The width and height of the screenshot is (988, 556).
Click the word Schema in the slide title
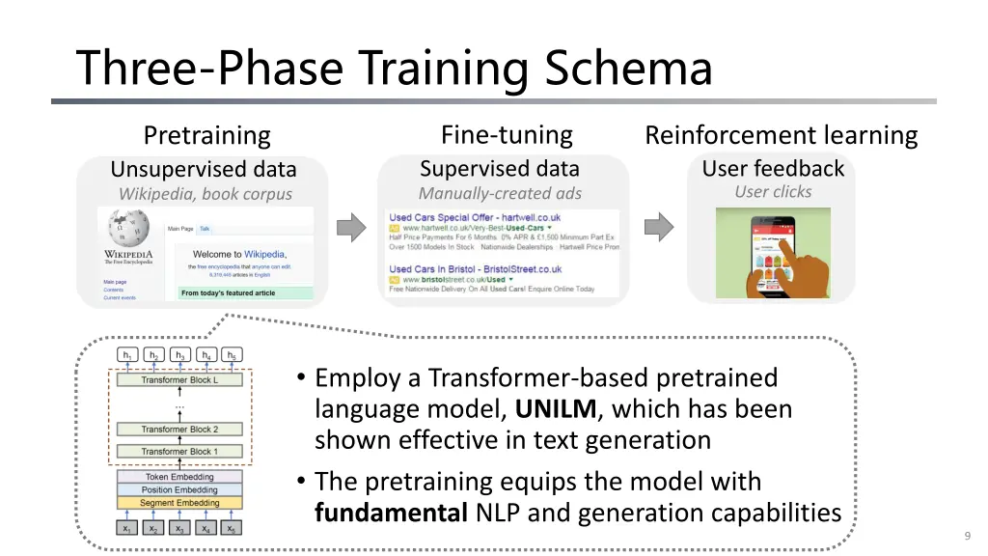(628, 69)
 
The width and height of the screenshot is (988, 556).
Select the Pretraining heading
(206, 136)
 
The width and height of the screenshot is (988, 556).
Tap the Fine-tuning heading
(507, 135)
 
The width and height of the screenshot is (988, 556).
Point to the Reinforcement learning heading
(781, 135)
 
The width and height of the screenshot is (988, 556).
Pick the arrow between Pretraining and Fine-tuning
(351, 228)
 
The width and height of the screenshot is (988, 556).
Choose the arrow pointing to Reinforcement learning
(658, 228)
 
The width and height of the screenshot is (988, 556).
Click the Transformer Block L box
(179, 380)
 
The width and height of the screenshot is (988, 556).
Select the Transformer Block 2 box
(179, 430)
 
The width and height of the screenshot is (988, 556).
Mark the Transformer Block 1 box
(179, 452)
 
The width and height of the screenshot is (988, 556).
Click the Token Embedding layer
(179, 477)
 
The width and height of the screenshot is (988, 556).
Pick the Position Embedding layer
(179, 490)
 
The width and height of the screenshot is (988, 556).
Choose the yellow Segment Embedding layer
(179, 503)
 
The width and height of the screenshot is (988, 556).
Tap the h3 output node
(179, 355)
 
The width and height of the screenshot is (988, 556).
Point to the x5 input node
(232, 529)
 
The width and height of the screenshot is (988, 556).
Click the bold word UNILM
(556, 409)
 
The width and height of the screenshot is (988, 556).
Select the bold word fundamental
(391, 514)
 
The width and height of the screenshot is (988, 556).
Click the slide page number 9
(967, 537)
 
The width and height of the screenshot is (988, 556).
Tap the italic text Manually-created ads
(500, 194)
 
